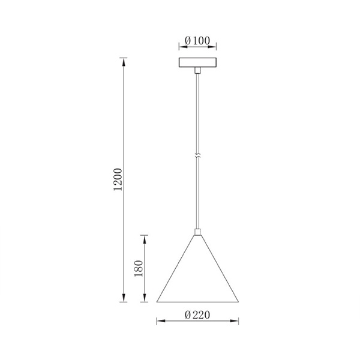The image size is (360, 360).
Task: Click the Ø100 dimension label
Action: coord(197,41)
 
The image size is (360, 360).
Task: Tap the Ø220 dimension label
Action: coord(197,315)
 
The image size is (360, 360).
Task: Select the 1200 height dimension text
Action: coord(118,179)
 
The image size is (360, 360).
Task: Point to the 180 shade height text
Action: coord(139,268)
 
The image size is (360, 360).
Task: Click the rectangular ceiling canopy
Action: coord(197,62)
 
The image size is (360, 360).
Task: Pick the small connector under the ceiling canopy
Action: coord(197,70)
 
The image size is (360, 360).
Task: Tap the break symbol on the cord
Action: coord(197,155)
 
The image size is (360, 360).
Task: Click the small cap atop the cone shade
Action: coord(197,232)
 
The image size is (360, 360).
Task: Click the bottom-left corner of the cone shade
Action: coord(157,302)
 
